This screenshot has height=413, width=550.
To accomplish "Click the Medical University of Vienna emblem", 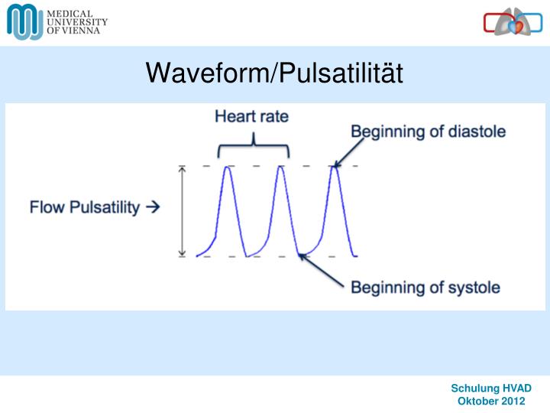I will pyautogui.click(x=25, y=21).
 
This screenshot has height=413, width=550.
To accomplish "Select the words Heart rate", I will pyautogui.click(x=251, y=117).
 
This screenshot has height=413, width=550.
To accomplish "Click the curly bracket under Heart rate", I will pyautogui.click(x=253, y=145).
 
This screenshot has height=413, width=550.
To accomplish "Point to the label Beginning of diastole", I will pyautogui.click(x=428, y=132).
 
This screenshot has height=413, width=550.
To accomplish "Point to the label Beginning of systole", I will pyautogui.click(x=425, y=288).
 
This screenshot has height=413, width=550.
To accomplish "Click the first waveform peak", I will pyautogui.click(x=227, y=167).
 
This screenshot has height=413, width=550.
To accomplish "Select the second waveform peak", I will pyautogui.click(x=280, y=167).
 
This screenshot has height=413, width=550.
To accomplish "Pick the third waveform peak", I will pyautogui.click(x=334, y=167).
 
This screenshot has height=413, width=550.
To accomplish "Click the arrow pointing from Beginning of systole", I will pyautogui.click(x=321, y=272).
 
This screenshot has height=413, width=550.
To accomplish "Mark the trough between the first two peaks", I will pyautogui.click(x=246, y=255).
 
